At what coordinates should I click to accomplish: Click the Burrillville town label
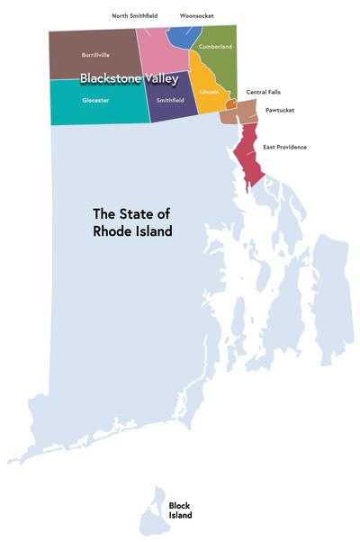click(94, 54)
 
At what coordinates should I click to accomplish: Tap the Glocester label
click(94, 100)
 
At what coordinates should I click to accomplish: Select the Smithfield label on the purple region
click(170, 100)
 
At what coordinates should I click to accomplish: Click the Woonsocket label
click(196, 15)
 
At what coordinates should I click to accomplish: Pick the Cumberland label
click(215, 46)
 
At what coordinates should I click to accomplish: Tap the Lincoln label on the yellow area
click(209, 92)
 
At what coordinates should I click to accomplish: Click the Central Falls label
click(264, 92)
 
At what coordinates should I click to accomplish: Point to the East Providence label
click(284, 146)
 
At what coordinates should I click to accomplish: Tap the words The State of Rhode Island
click(132, 222)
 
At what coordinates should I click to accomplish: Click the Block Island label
click(180, 510)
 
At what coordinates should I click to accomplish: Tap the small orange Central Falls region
click(231, 104)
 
